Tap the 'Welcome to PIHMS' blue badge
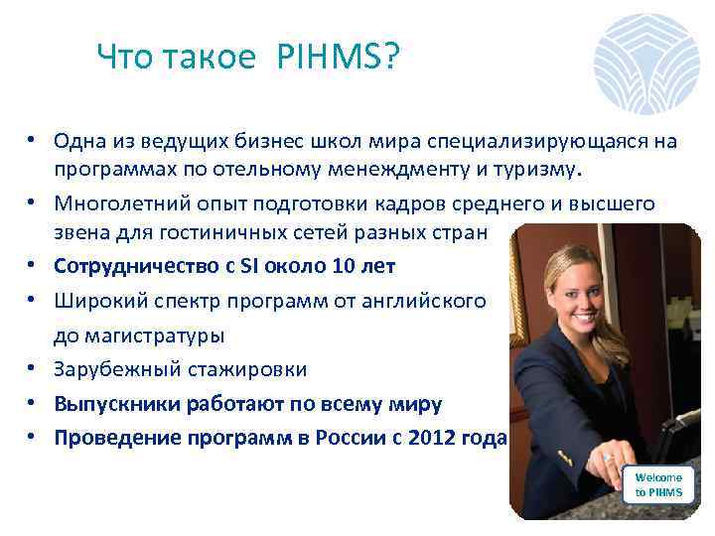click(x=658, y=485)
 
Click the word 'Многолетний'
click(x=112, y=203)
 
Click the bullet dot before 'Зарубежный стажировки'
click(x=33, y=369)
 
